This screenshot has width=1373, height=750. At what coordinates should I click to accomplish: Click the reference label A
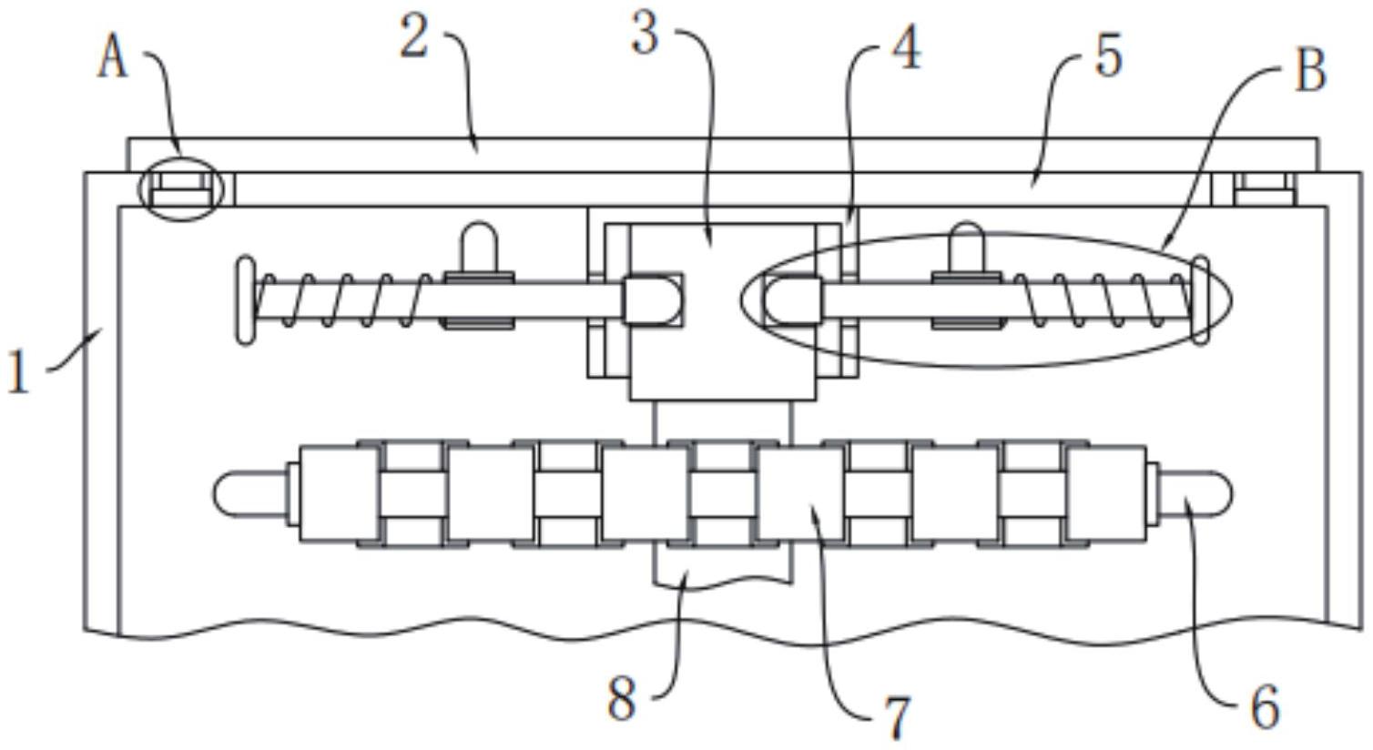[113, 60]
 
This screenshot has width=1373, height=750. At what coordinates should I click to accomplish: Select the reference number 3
[645, 35]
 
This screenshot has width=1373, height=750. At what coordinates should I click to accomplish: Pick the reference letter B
[1309, 71]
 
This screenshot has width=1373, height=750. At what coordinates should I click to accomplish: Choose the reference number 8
[621, 700]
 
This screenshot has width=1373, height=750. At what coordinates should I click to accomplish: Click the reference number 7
[897, 716]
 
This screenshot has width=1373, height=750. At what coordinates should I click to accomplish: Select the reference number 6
[1265, 706]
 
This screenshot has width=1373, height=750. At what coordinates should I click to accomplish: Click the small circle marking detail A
[180, 188]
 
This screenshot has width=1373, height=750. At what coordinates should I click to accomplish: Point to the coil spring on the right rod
[1102, 299]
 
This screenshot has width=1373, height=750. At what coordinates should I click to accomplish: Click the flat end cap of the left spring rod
[246, 301]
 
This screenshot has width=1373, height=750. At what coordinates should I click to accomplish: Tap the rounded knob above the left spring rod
[479, 248]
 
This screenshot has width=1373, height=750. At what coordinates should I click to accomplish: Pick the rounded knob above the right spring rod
[966, 248]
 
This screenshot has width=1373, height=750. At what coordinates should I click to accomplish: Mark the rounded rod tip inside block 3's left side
[652, 299]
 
